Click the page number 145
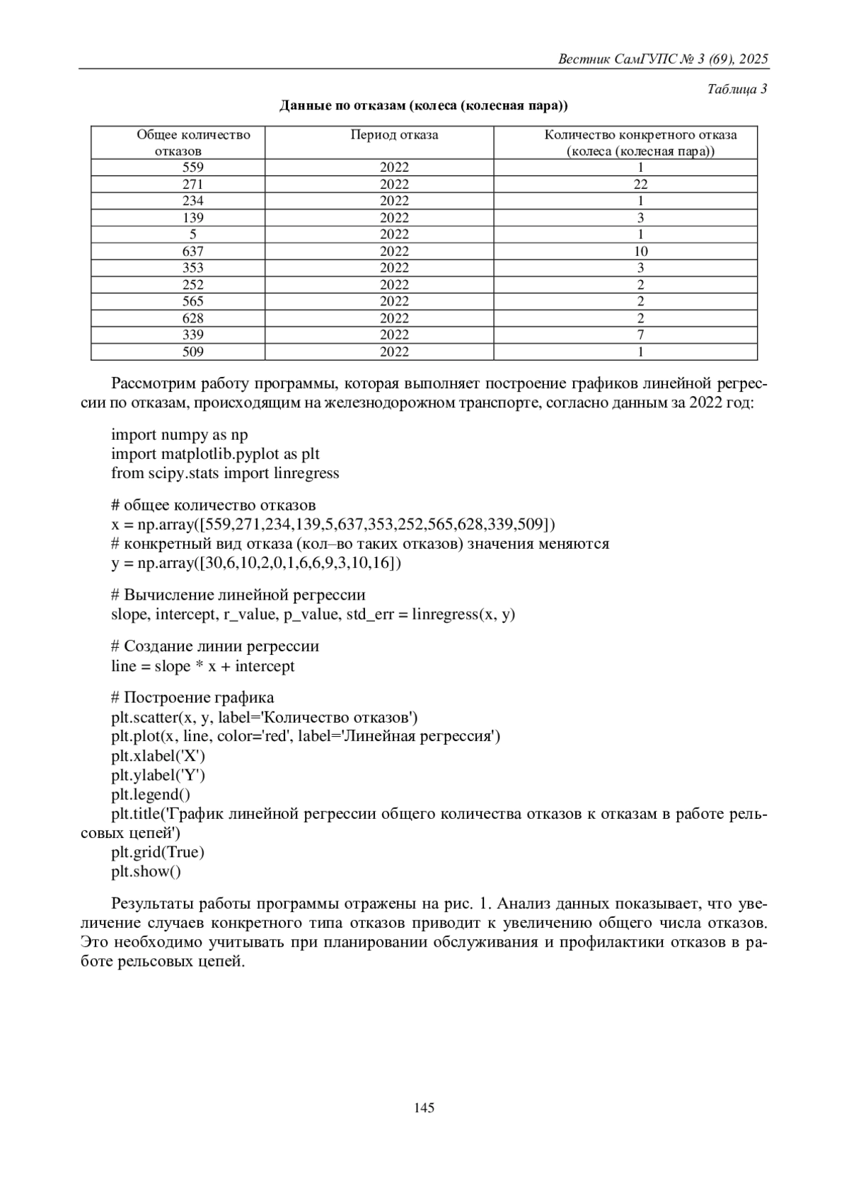coord(424,1107)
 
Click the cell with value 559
coord(193,168)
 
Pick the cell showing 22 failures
coord(640,185)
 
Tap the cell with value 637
coord(193,251)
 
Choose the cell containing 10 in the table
coord(640,251)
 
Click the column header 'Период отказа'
coord(394,135)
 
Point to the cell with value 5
coord(193,234)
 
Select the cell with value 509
coord(193,351)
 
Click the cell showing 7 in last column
coord(640,334)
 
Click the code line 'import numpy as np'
coord(180,434)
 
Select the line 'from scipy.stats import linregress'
coord(225,473)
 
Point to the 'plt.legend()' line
coord(151,794)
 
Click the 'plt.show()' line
coord(146,871)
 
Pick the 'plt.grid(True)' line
coord(158,852)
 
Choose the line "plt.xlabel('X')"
coord(158,755)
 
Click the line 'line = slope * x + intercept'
coord(203,666)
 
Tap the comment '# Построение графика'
coord(192,698)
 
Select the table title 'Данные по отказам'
coord(424,106)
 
